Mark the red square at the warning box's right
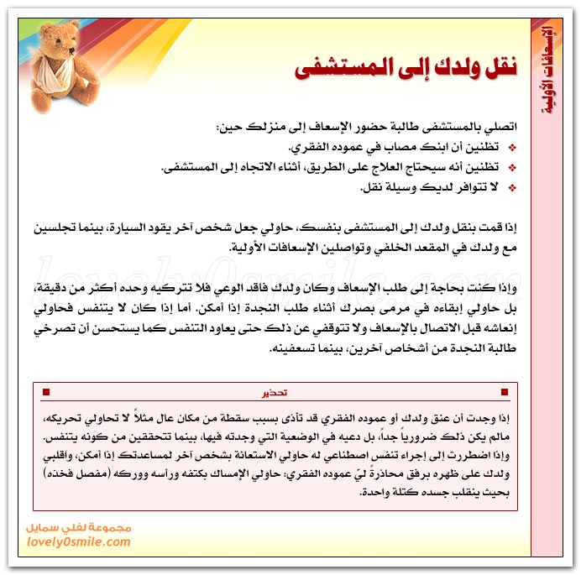tap(504, 392)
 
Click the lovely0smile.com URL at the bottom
tap(83, 542)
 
